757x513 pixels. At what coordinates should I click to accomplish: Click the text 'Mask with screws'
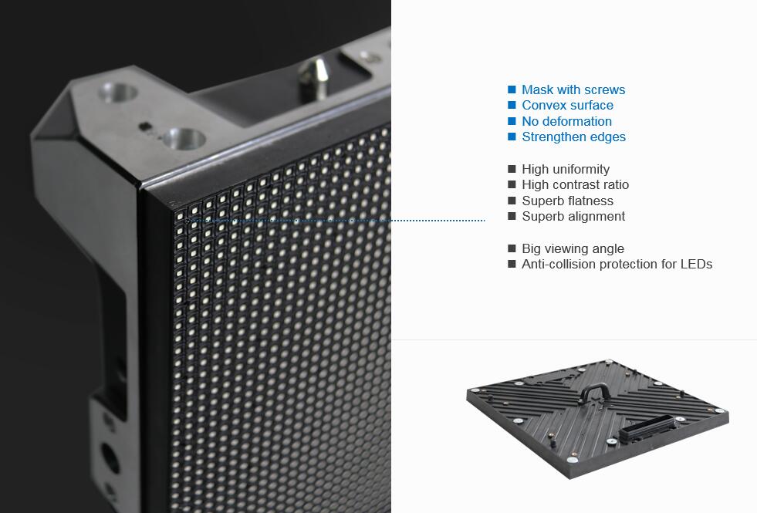click(573, 89)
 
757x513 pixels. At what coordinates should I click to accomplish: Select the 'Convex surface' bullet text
click(567, 106)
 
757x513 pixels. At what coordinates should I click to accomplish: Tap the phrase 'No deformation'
click(566, 121)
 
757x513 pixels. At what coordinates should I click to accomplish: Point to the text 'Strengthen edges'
click(573, 137)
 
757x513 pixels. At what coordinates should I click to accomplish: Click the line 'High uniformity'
click(566, 169)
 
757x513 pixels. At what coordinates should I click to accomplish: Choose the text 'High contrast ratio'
click(575, 185)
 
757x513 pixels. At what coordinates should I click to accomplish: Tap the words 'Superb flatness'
click(567, 201)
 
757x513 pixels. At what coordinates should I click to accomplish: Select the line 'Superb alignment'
click(573, 217)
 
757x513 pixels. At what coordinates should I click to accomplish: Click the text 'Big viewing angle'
click(573, 248)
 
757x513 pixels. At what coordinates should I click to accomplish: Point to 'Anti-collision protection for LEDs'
click(617, 265)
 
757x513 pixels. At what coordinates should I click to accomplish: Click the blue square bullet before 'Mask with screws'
click(512, 89)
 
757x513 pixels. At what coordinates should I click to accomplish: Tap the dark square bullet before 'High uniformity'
click(512, 169)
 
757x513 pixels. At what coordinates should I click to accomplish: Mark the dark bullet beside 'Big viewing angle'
click(512, 248)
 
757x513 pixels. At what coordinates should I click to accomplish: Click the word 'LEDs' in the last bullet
click(696, 265)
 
